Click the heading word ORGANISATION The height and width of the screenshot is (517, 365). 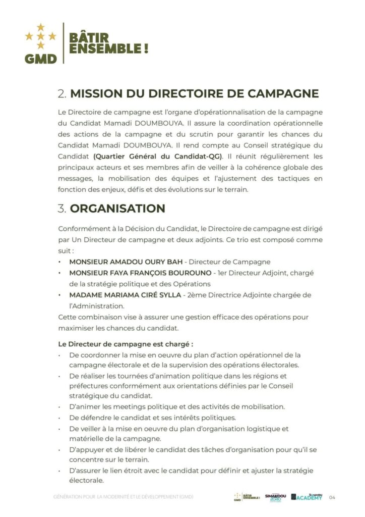(117, 209)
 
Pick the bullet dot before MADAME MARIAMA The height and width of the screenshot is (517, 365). (60, 295)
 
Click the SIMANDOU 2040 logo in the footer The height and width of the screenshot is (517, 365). (276, 497)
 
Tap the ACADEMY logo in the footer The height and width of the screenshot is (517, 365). (307, 497)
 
